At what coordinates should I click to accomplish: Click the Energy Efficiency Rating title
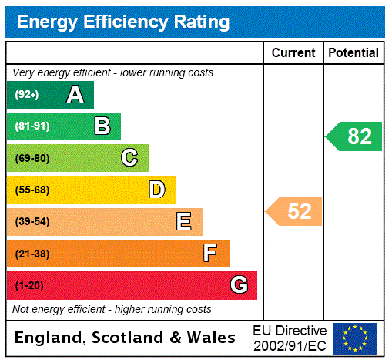coord(123,22)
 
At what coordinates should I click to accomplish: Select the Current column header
coord(293,53)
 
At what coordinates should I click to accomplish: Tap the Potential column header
coord(353,53)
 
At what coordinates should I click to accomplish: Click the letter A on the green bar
coord(75,95)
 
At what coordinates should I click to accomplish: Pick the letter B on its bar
coord(102,126)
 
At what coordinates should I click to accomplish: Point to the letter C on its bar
coord(129,158)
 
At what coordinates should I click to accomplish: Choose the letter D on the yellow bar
coord(156,190)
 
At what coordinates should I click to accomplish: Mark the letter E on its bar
coord(184,222)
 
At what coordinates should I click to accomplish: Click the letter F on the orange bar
coord(209,254)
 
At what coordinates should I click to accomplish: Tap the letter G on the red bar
coord(239,285)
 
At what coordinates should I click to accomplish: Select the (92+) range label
coord(26,96)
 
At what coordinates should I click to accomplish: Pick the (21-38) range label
coord(32,254)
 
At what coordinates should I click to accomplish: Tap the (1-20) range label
coord(29,286)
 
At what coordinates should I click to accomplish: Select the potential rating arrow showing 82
coord(354,136)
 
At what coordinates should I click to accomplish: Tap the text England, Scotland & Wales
coord(126,338)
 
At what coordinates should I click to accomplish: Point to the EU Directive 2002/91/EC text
coord(290,338)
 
